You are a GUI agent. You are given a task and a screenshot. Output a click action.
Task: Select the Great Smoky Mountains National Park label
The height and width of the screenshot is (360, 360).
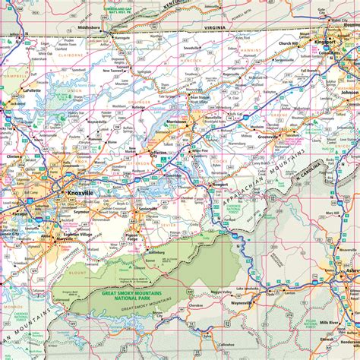tap(134, 292)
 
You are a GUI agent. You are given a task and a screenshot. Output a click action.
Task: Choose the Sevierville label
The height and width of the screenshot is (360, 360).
tap(148, 208)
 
